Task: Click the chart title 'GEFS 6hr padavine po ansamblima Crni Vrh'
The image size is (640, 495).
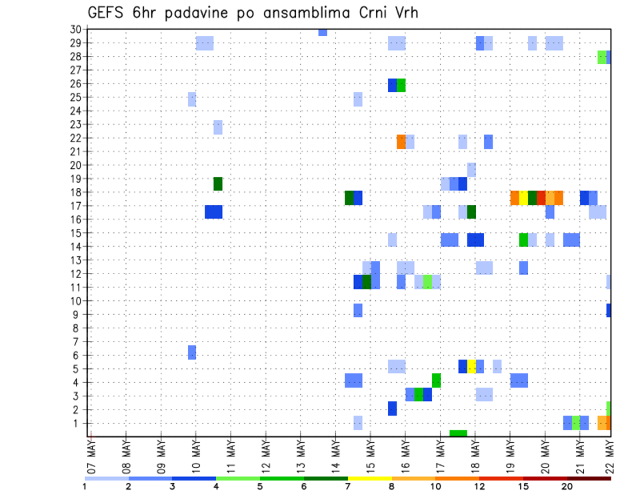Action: pyautogui.click(x=253, y=12)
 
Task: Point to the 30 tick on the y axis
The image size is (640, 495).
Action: pyautogui.click(x=75, y=29)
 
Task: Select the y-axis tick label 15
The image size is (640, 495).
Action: pyautogui.click(x=75, y=233)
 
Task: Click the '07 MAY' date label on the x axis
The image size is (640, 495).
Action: pyautogui.click(x=92, y=452)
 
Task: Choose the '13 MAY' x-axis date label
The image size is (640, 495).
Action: pyautogui.click(x=301, y=452)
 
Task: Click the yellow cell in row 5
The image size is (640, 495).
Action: pyautogui.click(x=471, y=366)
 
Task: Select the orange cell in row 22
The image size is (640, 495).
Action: pyautogui.click(x=401, y=141)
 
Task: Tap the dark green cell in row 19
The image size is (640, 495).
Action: pyautogui.click(x=218, y=183)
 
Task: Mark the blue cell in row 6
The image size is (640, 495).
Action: pyautogui.click(x=192, y=352)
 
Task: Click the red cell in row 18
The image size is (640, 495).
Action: pyautogui.click(x=541, y=197)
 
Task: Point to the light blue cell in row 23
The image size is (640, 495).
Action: pyautogui.click(x=218, y=127)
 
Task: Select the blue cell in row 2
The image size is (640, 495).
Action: pyautogui.click(x=392, y=408)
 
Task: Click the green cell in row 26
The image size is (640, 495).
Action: pyautogui.click(x=401, y=85)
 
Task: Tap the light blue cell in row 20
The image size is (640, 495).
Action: pyautogui.click(x=471, y=169)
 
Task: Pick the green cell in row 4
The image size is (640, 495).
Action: pyautogui.click(x=436, y=380)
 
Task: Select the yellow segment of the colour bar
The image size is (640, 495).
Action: pyautogui.click(x=370, y=478)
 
